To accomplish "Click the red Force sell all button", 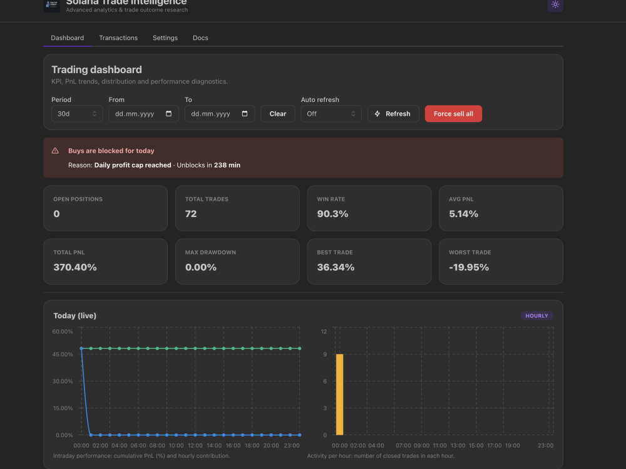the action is (x=453, y=114).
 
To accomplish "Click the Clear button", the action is (x=277, y=114).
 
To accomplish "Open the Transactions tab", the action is (x=118, y=38).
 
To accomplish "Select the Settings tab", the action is (x=165, y=38).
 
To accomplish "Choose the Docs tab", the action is (x=200, y=38).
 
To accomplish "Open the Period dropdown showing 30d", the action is (x=77, y=114).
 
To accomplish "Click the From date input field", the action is (x=143, y=114).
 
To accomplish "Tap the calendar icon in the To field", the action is (x=245, y=114).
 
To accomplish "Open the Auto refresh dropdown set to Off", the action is (x=331, y=114).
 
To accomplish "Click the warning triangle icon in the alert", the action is (x=55, y=151).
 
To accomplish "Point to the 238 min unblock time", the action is (x=227, y=165).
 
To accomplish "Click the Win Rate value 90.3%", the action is (x=332, y=214).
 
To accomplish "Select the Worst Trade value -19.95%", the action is (x=469, y=267).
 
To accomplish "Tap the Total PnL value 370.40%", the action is (x=75, y=267).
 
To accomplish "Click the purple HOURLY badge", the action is (x=536, y=316).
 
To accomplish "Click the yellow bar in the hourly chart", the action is (x=339, y=395).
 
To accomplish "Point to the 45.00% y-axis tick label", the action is (x=63, y=354).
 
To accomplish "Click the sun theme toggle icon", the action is (x=555, y=5).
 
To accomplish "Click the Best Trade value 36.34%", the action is (x=336, y=267).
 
